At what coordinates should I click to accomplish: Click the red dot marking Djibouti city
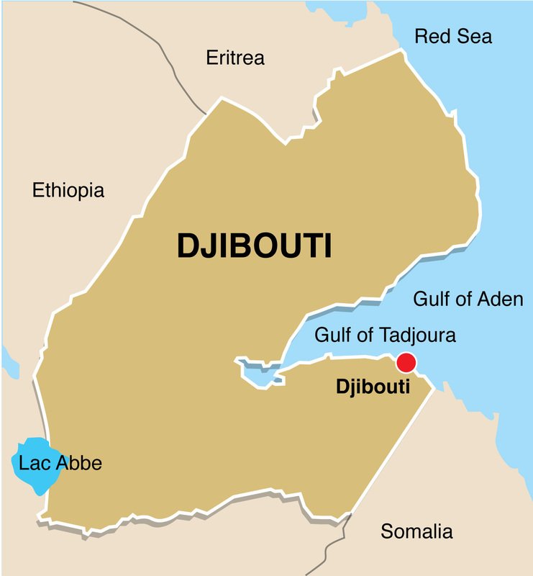coord(406,362)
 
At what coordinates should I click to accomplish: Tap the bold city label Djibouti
coord(373,387)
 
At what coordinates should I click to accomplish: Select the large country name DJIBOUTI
coord(254,246)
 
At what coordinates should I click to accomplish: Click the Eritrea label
coord(235,58)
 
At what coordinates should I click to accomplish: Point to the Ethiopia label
coord(68,191)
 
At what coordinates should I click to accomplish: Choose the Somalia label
coord(416,532)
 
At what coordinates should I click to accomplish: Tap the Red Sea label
coord(453,36)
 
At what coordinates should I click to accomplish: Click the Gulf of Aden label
coord(468,299)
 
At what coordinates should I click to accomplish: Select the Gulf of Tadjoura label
coord(386,335)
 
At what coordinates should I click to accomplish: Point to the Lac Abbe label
coord(60,463)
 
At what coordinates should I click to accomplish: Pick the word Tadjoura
coord(415,335)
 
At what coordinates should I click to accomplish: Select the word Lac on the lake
coord(32,463)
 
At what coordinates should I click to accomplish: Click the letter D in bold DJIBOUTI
coord(188,246)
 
